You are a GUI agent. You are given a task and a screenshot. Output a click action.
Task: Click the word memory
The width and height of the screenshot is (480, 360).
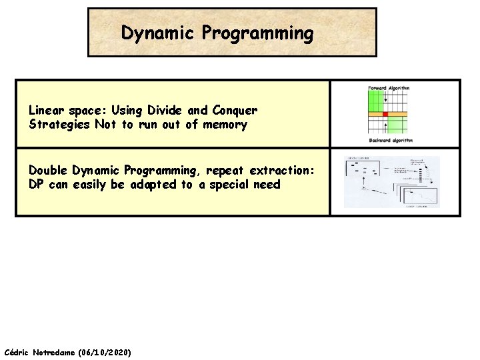click(225, 125)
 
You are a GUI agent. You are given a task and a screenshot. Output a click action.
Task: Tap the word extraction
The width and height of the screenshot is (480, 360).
click(282, 170)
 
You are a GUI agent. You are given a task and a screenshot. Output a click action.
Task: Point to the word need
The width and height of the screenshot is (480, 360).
click(267, 185)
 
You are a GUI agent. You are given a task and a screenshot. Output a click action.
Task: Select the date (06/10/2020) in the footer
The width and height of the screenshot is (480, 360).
click(105, 351)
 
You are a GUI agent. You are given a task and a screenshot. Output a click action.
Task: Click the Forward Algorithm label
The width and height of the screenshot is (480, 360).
click(389, 88)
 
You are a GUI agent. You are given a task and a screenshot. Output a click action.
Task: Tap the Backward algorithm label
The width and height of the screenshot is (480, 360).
click(391, 141)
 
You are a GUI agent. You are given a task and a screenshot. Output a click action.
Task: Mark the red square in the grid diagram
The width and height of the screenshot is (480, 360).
click(385, 115)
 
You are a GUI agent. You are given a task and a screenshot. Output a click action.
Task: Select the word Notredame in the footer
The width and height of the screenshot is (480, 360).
click(55, 351)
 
